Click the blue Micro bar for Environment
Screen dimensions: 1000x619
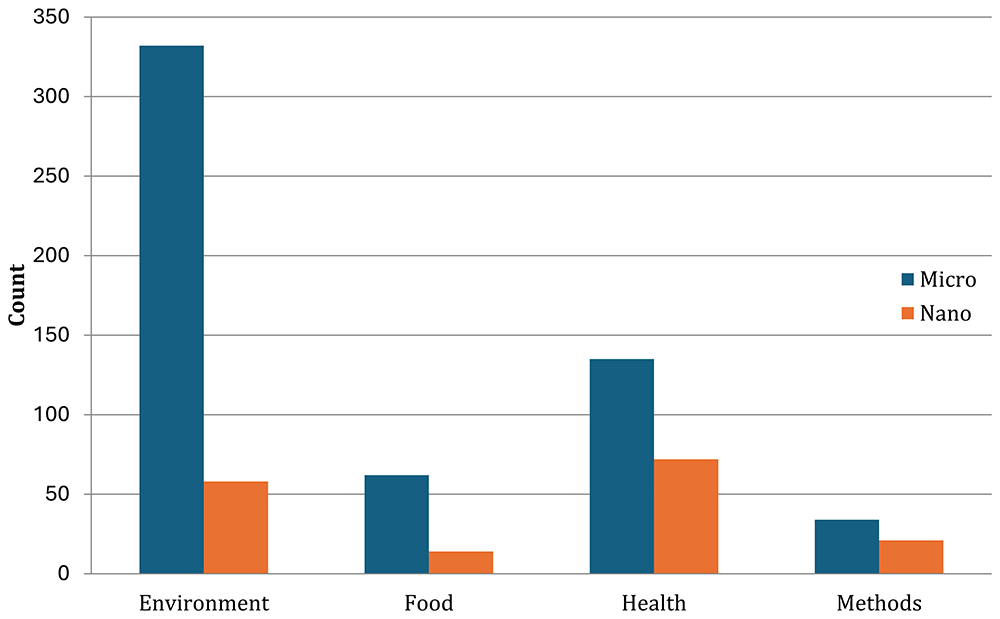[172, 310]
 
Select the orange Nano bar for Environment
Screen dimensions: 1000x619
[236, 528]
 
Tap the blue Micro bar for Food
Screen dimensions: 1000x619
[397, 525]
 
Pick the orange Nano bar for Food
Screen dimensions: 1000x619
[461, 563]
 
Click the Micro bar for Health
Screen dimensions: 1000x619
[622, 467]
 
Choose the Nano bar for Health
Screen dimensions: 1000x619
[686, 516]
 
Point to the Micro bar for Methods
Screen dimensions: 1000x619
[847, 547]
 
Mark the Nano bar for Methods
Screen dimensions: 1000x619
[911, 557]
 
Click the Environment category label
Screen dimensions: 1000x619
[204, 603]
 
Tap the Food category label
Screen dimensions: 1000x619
[429, 603]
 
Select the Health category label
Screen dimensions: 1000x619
[654, 603]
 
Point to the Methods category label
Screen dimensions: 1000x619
[879, 603]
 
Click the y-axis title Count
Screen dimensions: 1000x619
[17, 295]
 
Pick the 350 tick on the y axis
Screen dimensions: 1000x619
[51, 17]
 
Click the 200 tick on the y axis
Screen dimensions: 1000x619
[51, 255]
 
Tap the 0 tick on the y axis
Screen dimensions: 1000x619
[63, 574]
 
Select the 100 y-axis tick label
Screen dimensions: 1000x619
[51, 414]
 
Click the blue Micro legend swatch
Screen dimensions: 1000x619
[908, 279]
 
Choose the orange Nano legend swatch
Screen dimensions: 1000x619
[908, 313]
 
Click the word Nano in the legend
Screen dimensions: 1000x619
[945, 313]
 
